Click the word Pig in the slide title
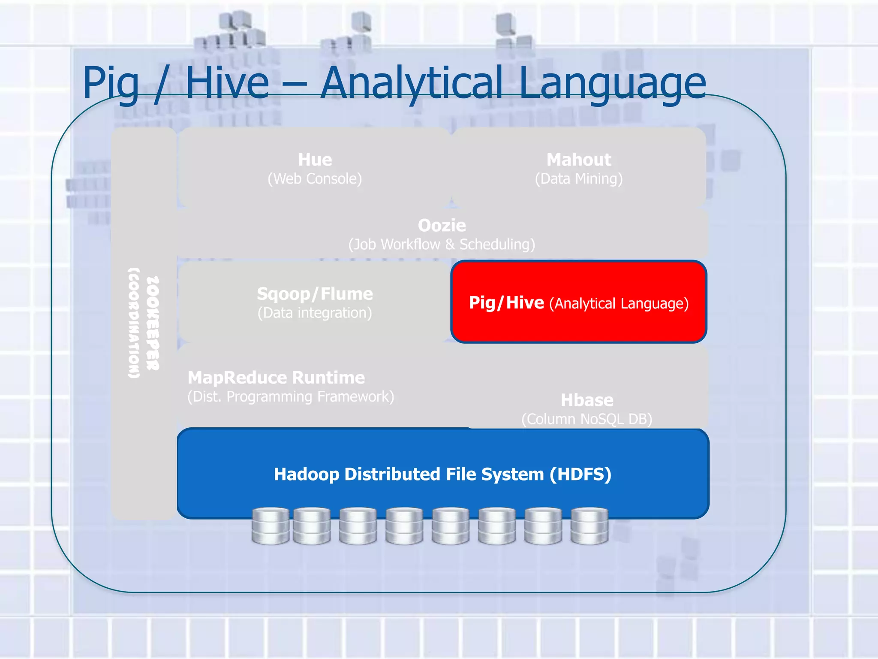pos(111,84)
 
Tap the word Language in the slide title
pos(612,84)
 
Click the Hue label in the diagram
pos(315,160)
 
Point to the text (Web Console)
pos(315,178)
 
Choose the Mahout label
pos(579,160)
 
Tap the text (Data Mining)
pos(579,178)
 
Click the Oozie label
pos(442,225)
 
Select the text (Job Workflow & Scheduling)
pos(442,244)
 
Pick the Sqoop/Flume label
pos(315,294)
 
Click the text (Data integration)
pos(315,313)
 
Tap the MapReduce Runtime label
pos(277,378)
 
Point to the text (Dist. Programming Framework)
pos(291,396)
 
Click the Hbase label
pos(587,400)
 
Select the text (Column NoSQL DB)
pos(587,419)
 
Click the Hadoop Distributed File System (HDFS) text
pos(442,474)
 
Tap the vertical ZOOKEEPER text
pos(153,323)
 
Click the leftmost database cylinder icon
pos(270,526)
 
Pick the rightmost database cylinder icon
pos(589,526)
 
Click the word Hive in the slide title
pos(227,84)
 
